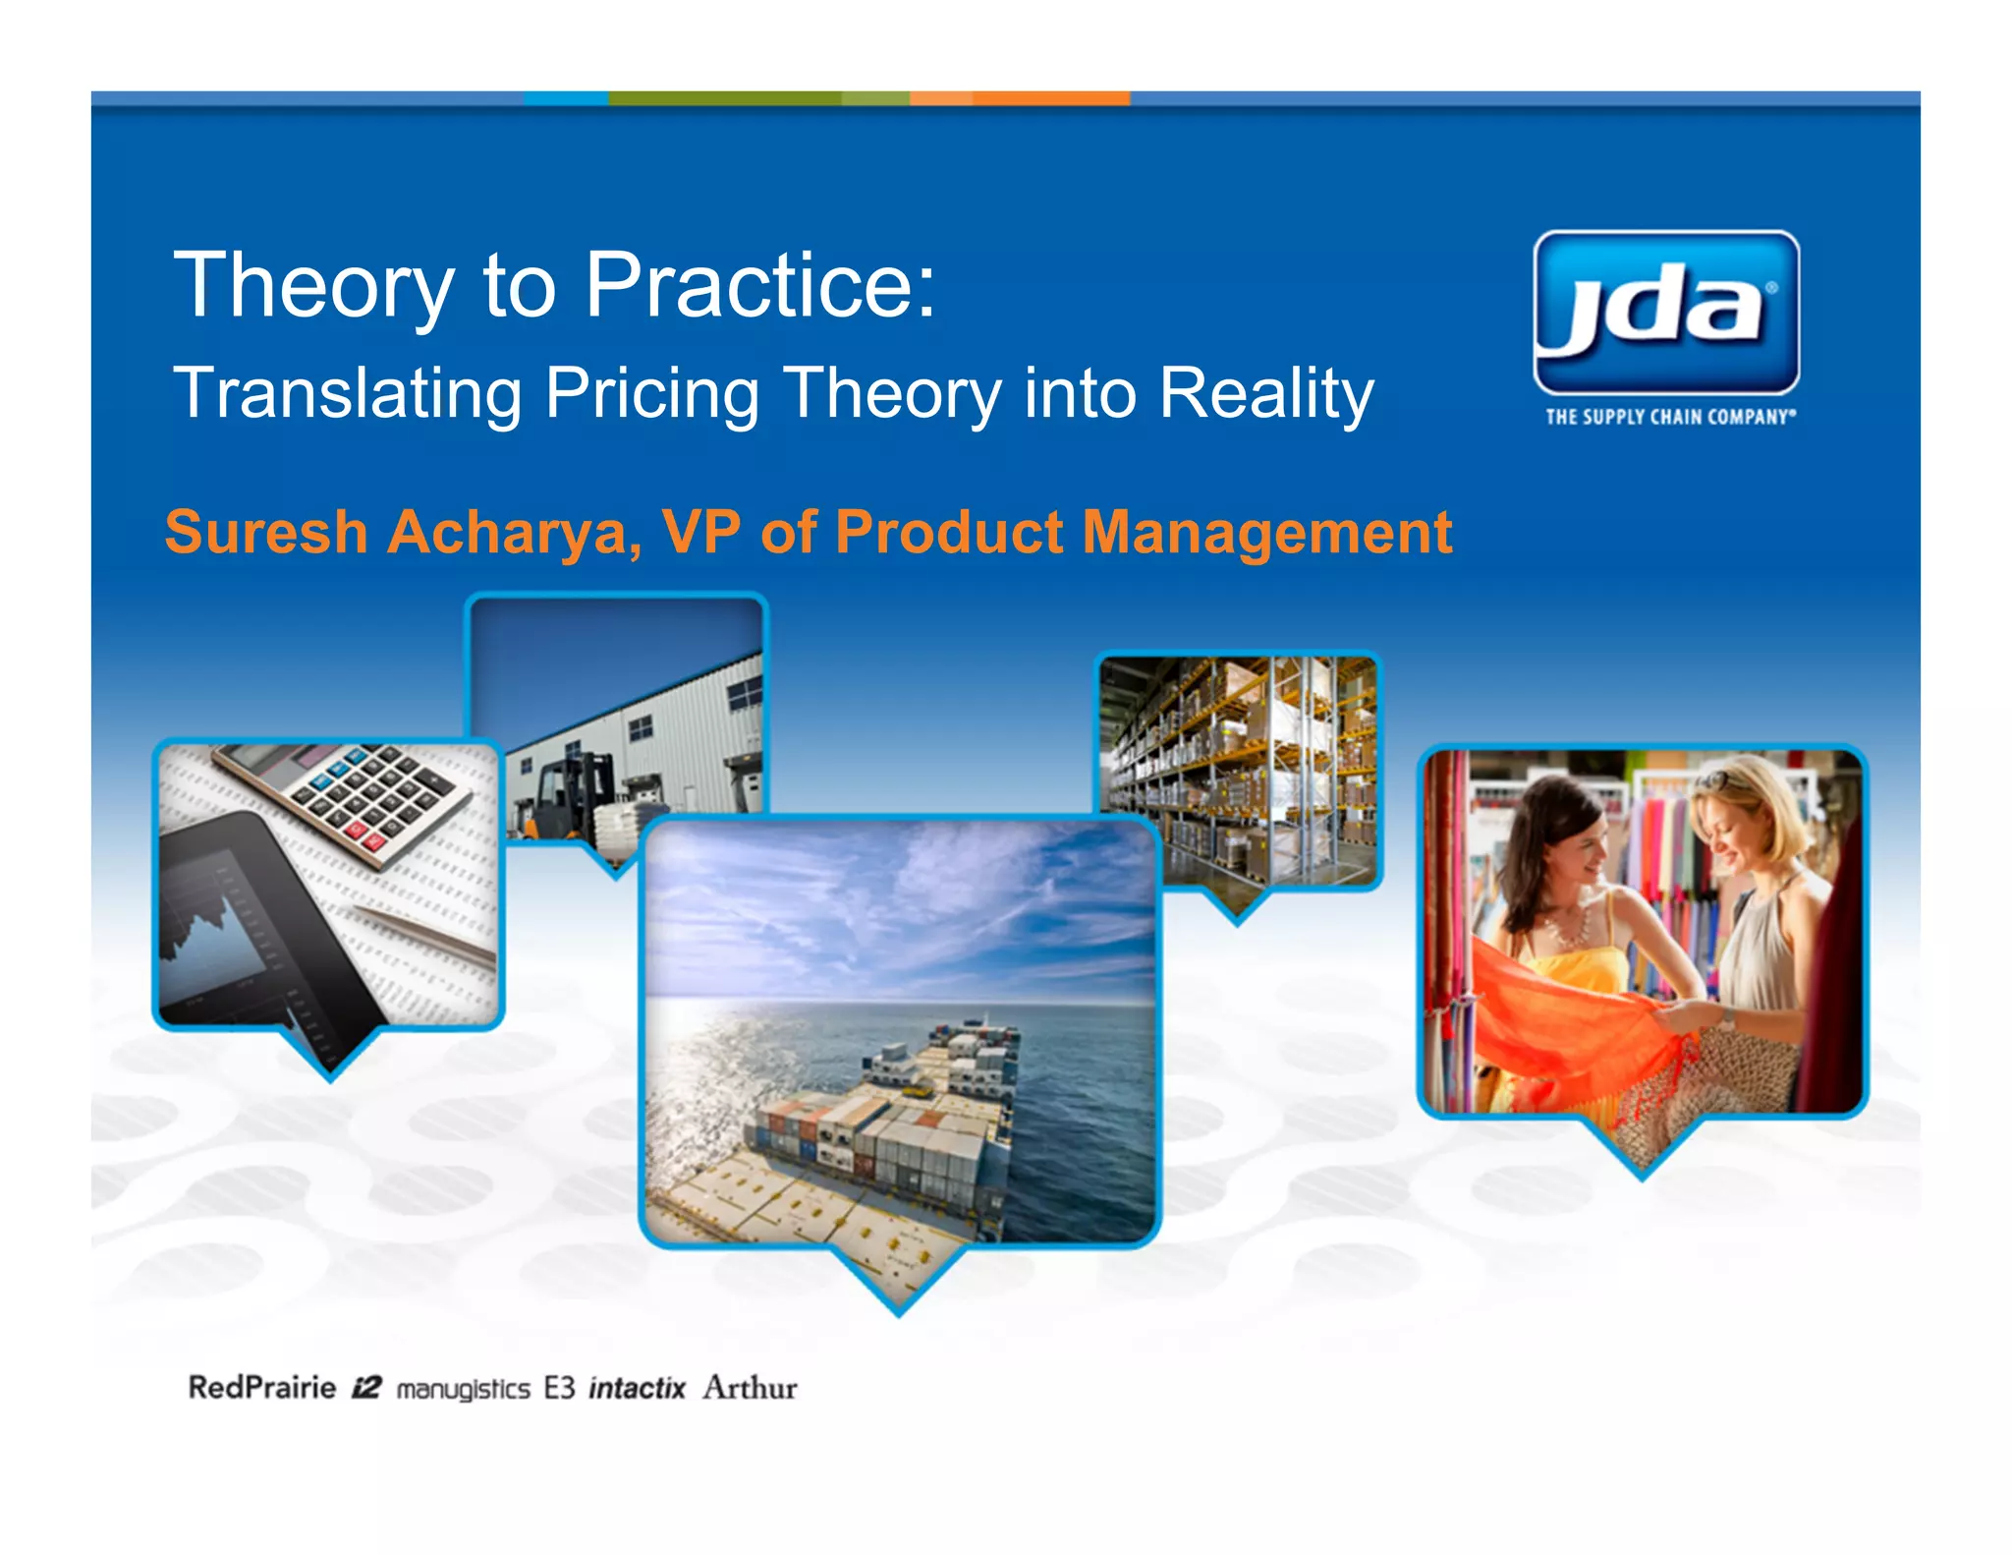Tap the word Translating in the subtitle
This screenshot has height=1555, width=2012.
pos(347,394)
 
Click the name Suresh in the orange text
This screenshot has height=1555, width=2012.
pos(265,533)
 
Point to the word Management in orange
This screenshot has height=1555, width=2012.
pos(1266,534)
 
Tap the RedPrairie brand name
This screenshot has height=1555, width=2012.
pos(261,1387)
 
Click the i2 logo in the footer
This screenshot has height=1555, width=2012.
pos(366,1388)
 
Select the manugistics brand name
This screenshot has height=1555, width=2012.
pos(463,1389)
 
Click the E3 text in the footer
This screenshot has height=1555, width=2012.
pos(559,1388)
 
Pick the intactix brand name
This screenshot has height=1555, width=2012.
pos(637,1388)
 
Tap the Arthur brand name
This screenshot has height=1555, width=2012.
pos(750,1388)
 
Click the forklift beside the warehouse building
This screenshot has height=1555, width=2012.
pos(565,796)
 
